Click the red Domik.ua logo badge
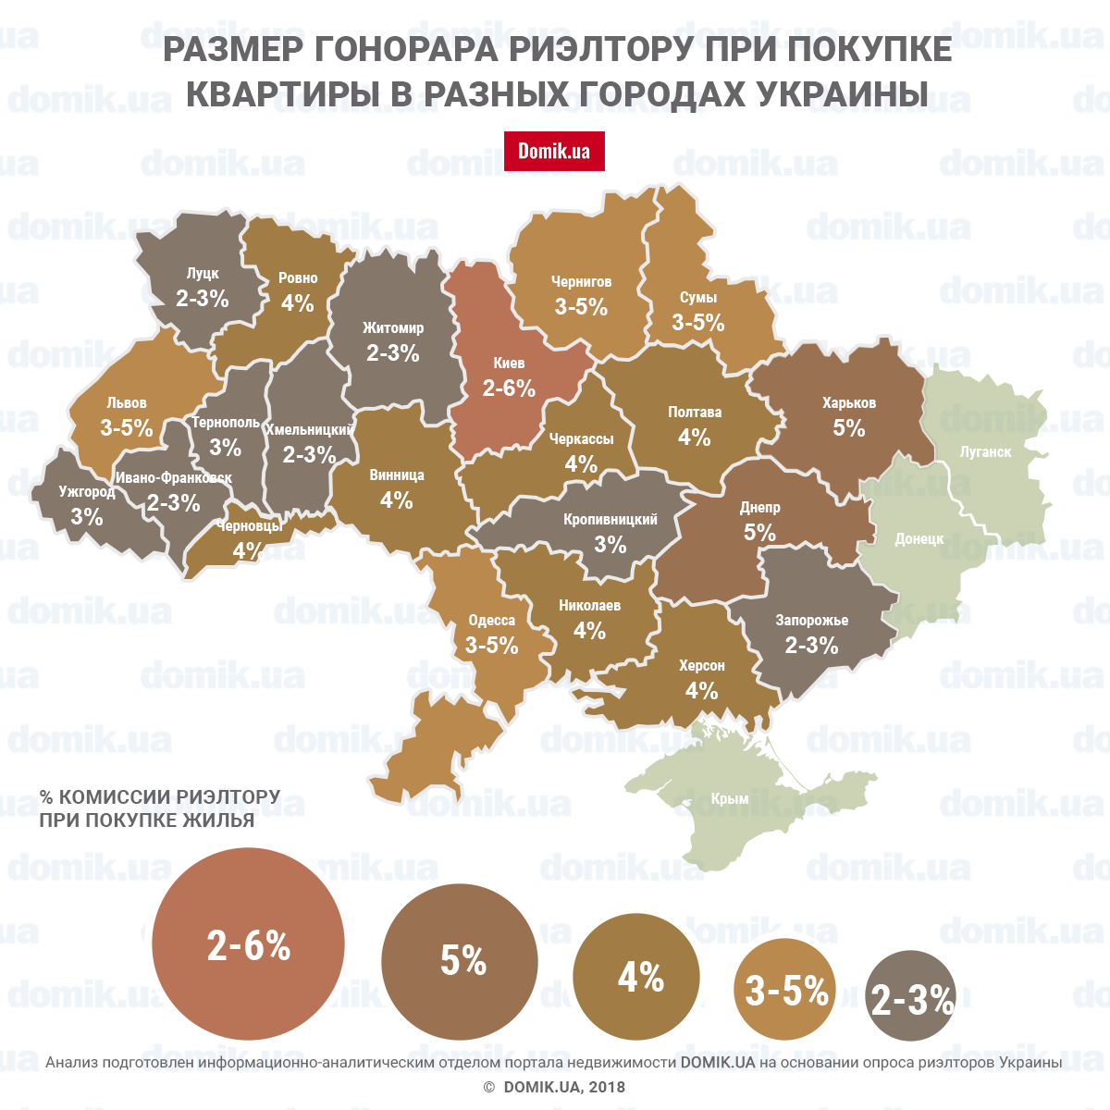click(554, 151)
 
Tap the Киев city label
click(509, 363)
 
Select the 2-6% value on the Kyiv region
click(509, 388)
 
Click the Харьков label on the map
click(848, 403)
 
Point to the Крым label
click(730, 798)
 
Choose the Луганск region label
click(985, 452)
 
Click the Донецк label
click(919, 538)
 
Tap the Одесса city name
click(491, 620)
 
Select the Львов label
click(127, 403)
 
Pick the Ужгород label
click(87, 492)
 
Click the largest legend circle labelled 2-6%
click(248, 944)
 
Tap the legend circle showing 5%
click(460, 961)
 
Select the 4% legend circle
click(636, 977)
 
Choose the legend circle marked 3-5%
click(785, 991)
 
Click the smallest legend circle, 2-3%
click(911, 998)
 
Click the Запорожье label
click(811, 621)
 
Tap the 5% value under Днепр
click(759, 533)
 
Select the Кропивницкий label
click(610, 520)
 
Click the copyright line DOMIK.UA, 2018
click(555, 1087)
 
